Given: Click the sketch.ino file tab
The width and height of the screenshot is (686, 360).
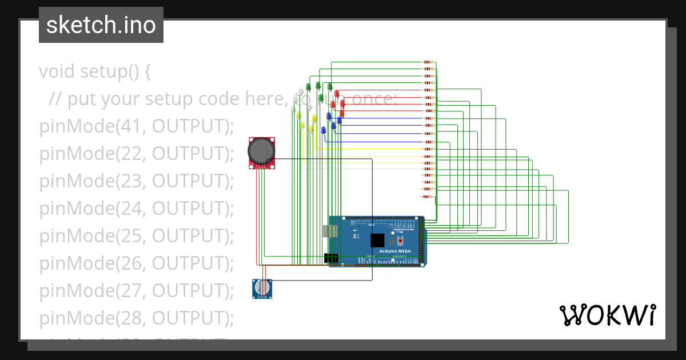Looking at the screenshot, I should point(101,25).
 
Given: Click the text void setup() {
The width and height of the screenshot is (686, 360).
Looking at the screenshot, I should point(95,72).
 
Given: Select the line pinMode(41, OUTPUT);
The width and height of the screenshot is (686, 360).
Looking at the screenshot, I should point(137,126).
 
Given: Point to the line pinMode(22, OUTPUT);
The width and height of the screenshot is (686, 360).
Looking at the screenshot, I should point(137,154).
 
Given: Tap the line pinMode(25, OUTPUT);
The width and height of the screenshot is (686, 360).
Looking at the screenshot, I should point(137,235).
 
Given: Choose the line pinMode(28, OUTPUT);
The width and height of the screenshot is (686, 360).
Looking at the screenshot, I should point(137,317).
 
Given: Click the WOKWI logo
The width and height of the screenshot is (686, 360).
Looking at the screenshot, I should point(607,315).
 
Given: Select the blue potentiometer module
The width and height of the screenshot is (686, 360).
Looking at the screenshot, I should point(262,289).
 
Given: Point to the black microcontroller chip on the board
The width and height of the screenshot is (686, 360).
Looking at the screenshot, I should point(377,240).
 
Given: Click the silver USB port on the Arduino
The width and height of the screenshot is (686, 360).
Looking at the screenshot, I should point(326,230).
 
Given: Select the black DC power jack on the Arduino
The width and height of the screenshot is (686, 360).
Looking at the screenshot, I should point(331,258).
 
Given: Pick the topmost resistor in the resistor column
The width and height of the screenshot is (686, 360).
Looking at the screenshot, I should point(428,62).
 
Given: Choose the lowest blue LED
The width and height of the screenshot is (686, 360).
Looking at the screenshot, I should point(324,130).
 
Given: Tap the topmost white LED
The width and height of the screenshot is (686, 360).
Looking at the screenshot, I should point(301,90).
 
